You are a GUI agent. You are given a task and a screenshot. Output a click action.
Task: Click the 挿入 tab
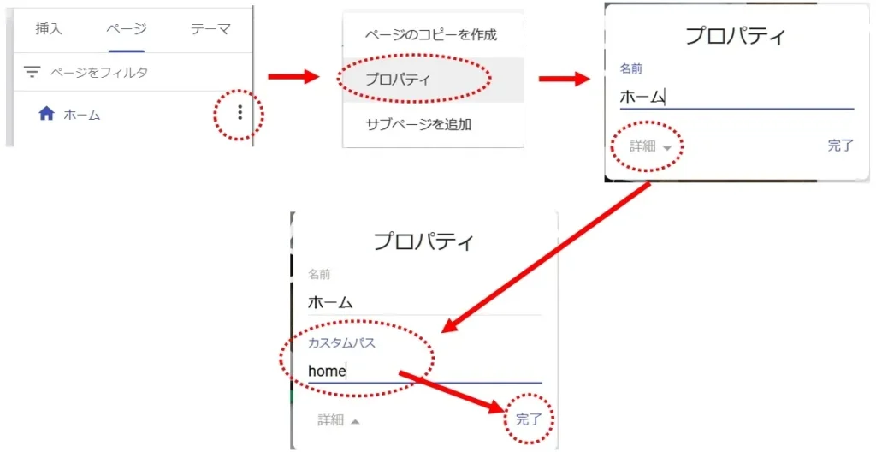click(49, 29)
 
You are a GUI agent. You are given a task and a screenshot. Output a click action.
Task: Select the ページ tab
click(126, 29)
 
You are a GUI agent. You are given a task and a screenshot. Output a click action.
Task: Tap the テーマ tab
click(210, 29)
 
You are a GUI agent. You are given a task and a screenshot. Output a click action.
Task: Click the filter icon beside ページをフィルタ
click(32, 73)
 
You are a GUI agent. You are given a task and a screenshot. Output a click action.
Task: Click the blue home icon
click(47, 114)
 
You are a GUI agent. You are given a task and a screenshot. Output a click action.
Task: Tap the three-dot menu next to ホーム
click(240, 112)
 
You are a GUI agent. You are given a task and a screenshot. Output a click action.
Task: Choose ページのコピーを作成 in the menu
click(430, 35)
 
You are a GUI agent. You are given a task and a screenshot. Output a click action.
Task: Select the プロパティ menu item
click(397, 80)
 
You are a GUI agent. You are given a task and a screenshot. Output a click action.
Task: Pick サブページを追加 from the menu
click(418, 124)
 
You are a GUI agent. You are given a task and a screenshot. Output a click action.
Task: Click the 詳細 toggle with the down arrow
click(648, 146)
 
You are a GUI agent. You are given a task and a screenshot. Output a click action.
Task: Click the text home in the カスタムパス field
click(327, 371)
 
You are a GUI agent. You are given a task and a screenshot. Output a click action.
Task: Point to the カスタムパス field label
click(342, 343)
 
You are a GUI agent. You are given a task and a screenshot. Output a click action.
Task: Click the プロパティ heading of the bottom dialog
click(423, 241)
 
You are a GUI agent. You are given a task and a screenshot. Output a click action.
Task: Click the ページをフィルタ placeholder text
click(99, 73)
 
